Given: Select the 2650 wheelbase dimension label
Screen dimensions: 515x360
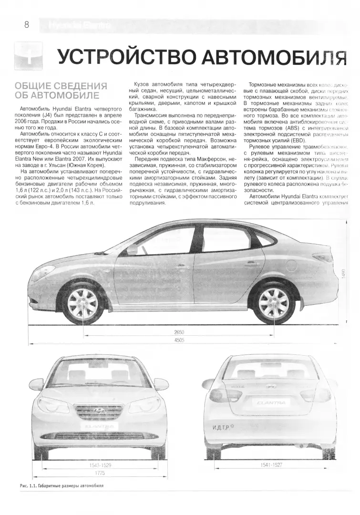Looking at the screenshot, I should coord(179,332).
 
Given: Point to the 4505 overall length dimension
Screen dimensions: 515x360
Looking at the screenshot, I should coord(179,340).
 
